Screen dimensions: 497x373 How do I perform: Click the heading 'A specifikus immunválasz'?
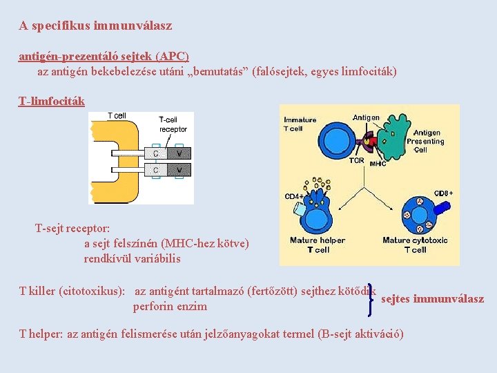pyautogui.click(x=95, y=26)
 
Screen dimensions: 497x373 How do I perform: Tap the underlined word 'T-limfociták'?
pyautogui.click(x=51, y=102)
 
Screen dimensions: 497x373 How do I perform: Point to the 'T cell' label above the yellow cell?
pyautogui.click(x=117, y=115)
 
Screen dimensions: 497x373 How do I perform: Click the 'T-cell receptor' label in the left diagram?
pyautogui.click(x=173, y=124)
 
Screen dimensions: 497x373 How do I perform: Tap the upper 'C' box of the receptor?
pyautogui.click(x=156, y=153)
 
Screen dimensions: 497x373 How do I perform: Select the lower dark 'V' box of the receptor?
pyautogui.click(x=179, y=169)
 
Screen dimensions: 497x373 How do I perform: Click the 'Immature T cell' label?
pyautogui.click(x=300, y=124)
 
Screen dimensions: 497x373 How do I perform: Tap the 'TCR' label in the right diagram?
pyautogui.click(x=356, y=161)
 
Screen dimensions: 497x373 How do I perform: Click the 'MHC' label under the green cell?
pyautogui.click(x=378, y=164)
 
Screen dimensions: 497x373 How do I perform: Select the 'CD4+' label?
pyautogui.click(x=294, y=197)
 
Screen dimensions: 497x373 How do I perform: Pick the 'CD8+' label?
pyautogui.click(x=443, y=193)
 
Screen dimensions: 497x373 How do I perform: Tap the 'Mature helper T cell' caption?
pyautogui.click(x=318, y=245)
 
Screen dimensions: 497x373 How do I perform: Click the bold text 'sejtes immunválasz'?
pyautogui.click(x=432, y=299)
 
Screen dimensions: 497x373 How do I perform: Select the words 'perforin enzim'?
pyautogui.click(x=170, y=306)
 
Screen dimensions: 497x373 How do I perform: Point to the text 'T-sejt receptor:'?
pyautogui.click(x=72, y=228)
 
